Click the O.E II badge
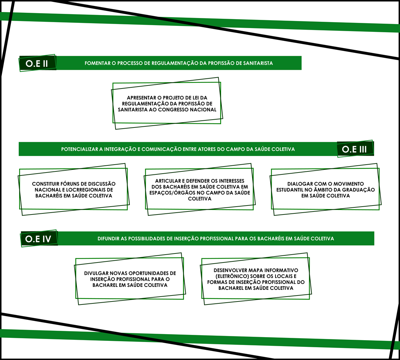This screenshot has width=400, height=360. pyautogui.click(x=38, y=63)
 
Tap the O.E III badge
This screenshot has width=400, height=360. pyautogui.click(x=355, y=148)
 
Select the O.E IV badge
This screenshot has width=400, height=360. pyautogui.click(x=39, y=238)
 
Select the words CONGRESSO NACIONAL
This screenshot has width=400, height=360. pyautogui.click(x=187, y=110)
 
